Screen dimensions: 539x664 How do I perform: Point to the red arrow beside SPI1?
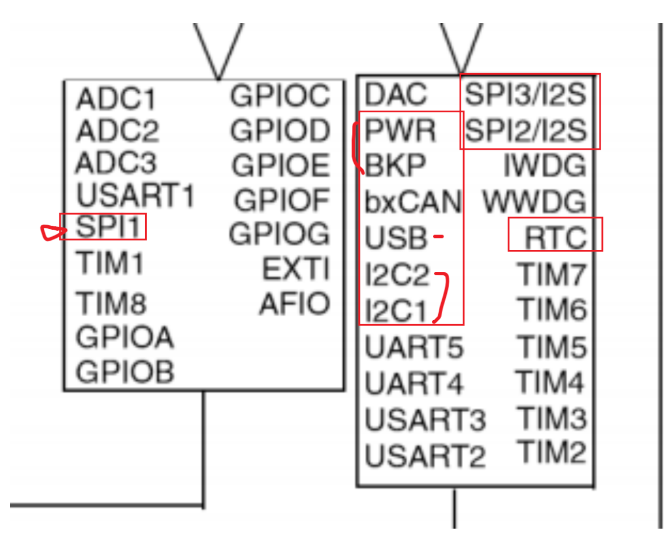[52, 231]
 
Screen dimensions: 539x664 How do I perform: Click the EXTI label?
[296, 269]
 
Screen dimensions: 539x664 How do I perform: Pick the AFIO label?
[294, 303]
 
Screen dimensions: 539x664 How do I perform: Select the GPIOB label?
[124, 371]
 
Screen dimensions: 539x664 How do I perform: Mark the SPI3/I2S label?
[525, 94]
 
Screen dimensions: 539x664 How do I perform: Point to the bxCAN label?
[413, 203]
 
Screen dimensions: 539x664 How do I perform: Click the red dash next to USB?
[439, 236]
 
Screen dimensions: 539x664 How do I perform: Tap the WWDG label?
[534, 202]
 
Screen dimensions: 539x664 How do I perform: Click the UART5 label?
[413, 347]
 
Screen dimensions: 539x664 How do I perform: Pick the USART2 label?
[425, 456]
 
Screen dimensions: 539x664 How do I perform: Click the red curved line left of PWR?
[357, 149]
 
